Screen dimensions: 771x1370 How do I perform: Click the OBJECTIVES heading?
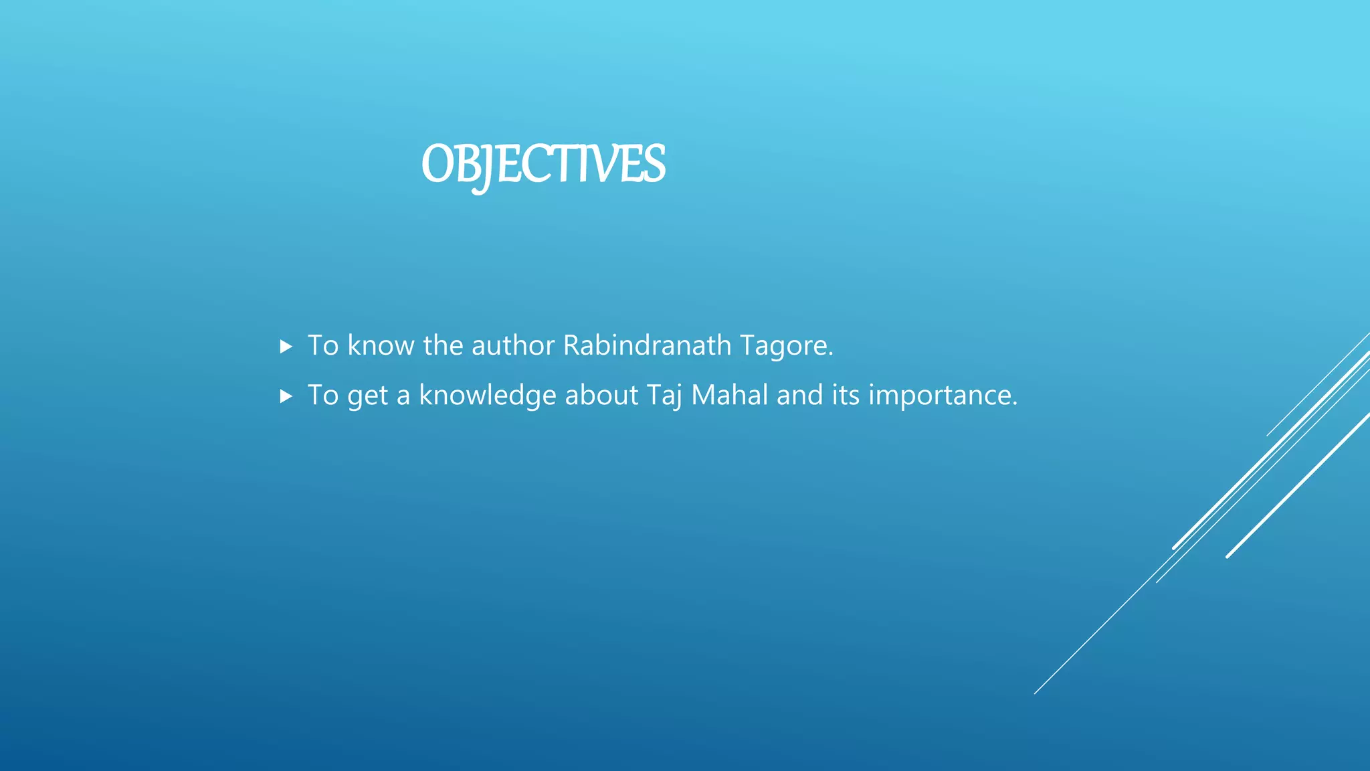pos(543,165)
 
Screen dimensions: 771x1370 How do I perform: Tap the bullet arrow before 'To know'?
pos(286,347)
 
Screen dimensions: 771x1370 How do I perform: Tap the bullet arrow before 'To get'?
pos(286,396)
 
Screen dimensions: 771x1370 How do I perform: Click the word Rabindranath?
pos(647,345)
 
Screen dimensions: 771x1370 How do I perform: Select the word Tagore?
pos(786,346)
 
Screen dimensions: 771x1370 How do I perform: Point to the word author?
pos(513,345)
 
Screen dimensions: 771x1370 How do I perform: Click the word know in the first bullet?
pos(381,345)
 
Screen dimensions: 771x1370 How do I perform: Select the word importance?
pos(943,396)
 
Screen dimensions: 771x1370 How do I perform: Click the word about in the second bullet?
pos(601,395)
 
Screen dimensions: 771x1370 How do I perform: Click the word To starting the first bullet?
pos(323,345)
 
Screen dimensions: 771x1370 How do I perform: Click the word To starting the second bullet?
pos(323,395)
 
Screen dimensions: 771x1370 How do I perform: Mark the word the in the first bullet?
pos(443,345)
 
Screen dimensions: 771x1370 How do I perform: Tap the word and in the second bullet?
pos(799,395)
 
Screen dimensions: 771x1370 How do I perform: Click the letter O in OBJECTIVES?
pos(439,165)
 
